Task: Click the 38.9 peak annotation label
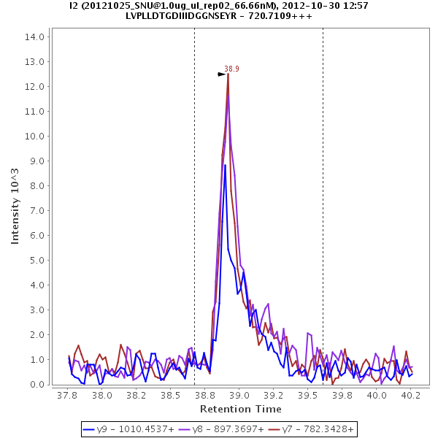[x=231, y=69]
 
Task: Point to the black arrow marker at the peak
[x=222, y=74]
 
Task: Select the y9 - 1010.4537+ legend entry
[x=128, y=429]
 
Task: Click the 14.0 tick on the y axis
[x=36, y=36]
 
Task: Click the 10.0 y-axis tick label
[x=36, y=136]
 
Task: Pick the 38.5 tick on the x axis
[x=170, y=395]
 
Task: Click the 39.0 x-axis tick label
[x=238, y=395]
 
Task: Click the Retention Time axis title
[x=240, y=409]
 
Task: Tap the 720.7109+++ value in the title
[x=292, y=15]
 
